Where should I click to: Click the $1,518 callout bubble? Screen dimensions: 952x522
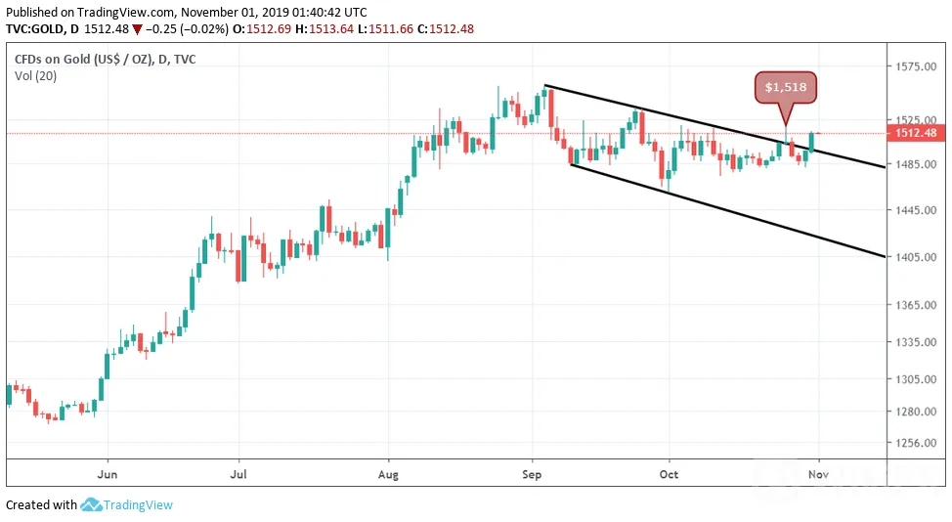pos(786,87)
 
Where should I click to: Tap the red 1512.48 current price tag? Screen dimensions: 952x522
pos(916,133)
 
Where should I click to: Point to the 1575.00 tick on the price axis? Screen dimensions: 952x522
pos(916,66)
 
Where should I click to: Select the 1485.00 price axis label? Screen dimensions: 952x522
pos(916,164)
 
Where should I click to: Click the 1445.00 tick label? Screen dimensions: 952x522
pos(916,210)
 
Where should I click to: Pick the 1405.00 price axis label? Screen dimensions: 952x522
pos(916,257)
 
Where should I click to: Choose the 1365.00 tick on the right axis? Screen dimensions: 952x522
pos(916,305)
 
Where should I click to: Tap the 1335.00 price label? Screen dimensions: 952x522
pos(916,342)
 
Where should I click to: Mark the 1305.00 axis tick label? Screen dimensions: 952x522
pos(916,378)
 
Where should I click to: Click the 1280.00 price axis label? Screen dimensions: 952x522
pos(916,411)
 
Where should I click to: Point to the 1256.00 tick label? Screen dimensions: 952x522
pos(916,443)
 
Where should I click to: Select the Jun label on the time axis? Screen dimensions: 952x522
pos(108,474)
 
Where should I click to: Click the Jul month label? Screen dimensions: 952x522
pos(238,474)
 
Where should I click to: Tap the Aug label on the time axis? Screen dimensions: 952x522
pos(388,474)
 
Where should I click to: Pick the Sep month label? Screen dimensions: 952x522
pos(532,474)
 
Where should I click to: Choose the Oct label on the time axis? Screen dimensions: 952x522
pos(670,474)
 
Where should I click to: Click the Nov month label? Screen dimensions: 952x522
pos(818,474)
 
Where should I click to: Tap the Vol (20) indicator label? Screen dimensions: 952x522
pos(36,76)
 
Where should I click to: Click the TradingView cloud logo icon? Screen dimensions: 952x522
pos(91,504)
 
